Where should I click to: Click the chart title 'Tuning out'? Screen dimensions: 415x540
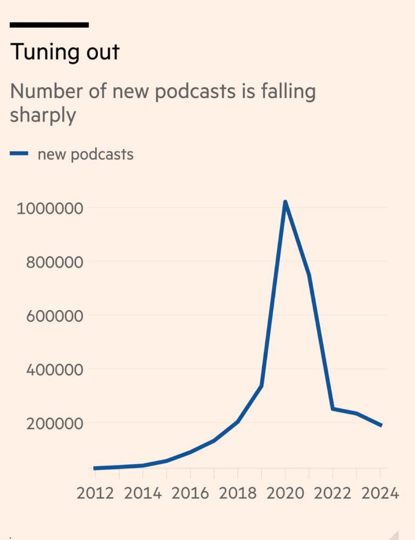click(x=65, y=52)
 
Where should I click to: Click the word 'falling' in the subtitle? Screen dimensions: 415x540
click(x=288, y=92)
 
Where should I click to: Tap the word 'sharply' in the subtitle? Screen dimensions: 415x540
click(x=43, y=115)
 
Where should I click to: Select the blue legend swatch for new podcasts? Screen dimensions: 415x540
click(x=19, y=153)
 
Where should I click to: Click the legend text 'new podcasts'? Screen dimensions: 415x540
click(x=86, y=155)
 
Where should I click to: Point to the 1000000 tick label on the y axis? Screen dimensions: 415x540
click(x=50, y=208)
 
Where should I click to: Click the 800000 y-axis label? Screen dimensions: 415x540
click(x=54, y=262)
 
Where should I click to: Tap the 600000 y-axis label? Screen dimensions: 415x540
click(x=54, y=316)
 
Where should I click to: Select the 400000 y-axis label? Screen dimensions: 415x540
click(x=54, y=370)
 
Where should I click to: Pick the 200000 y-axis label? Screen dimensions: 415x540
click(x=54, y=424)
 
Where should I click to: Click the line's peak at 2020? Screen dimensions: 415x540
click(x=285, y=202)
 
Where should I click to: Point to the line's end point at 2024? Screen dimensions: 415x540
click(x=380, y=425)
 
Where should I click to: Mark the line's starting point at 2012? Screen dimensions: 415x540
click(x=95, y=468)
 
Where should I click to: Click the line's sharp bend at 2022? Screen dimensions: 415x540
click(x=333, y=409)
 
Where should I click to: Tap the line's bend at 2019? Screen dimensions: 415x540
click(x=262, y=386)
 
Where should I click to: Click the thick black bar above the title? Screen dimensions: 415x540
click(x=49, y=25)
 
